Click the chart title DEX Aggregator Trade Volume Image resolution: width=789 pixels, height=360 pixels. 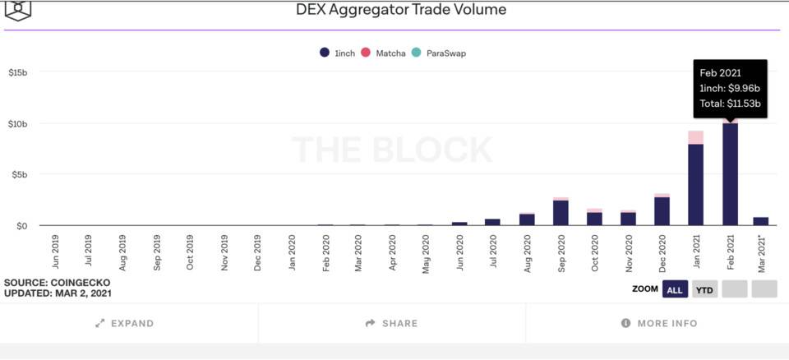coord(401,10)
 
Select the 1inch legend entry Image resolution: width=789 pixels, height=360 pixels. coord(338,53)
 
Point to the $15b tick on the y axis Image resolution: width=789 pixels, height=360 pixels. coord(18,72)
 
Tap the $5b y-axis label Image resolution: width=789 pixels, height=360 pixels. coord(21,174)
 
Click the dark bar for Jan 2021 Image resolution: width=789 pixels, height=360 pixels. coord(695,185)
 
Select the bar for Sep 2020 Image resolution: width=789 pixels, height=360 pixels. coord(561,212)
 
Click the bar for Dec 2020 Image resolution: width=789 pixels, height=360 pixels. coord(662,210)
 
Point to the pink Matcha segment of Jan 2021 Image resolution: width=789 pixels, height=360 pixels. coord(695,137)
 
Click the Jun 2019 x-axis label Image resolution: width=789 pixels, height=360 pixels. coord(55,252)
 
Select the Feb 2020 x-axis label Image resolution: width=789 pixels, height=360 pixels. coord(325,252)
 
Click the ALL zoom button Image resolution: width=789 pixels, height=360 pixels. coord(675,289)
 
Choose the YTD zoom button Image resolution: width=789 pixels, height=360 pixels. coord(704,289)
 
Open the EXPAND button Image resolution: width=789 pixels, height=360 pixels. coord(125,323)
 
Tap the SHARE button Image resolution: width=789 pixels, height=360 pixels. coord(392,323)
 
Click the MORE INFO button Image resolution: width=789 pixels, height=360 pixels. coord(659,323)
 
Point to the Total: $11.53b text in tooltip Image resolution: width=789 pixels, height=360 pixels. coord(729,104)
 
